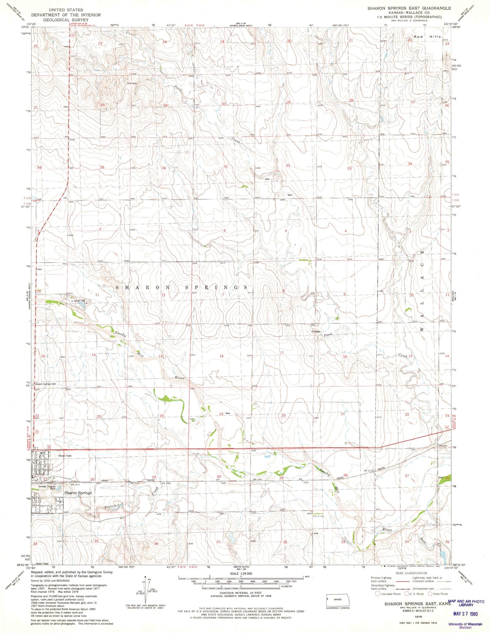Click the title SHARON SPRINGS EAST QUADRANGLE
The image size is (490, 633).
(409, 8)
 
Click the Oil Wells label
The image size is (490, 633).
(316, 332)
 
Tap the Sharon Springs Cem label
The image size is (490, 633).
(45, 384)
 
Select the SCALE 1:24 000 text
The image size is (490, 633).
(240, 573)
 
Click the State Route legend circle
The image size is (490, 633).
(430, 593)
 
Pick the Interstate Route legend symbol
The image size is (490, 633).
(377, 593)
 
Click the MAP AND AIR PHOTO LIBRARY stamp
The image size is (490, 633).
(466, 602)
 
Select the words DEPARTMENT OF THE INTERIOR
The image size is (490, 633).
(66, 15)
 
